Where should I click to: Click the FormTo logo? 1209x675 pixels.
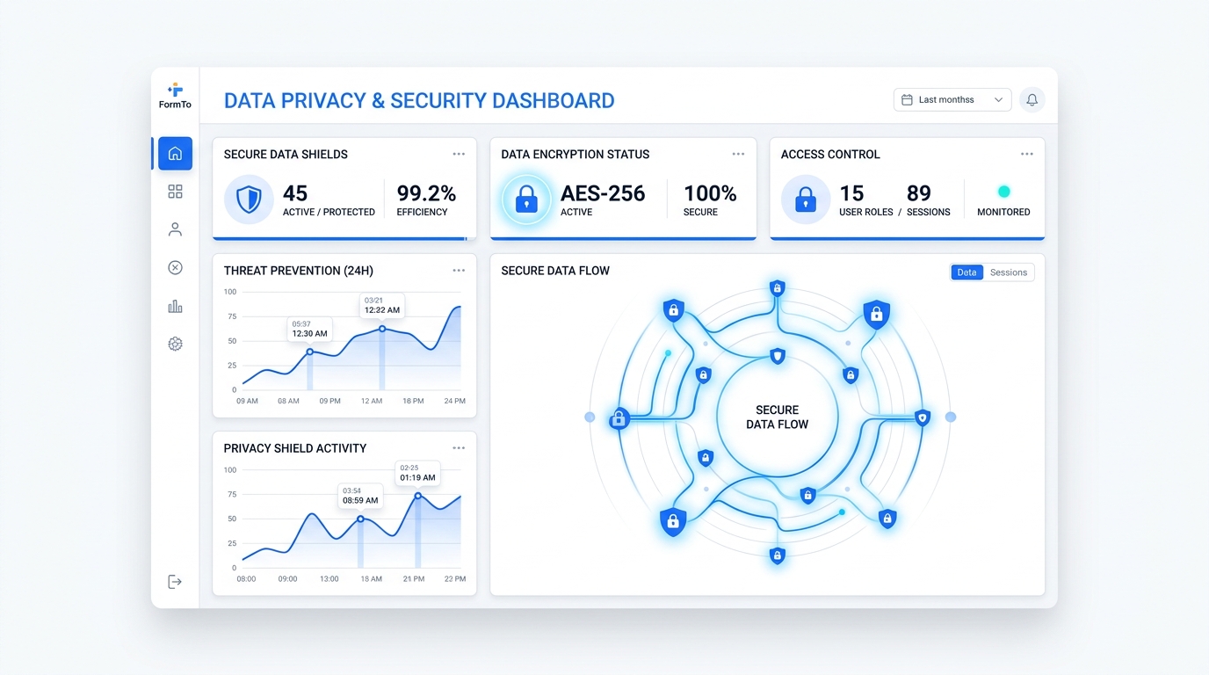pos(175,96)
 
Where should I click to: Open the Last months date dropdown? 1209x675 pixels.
pos(952,100)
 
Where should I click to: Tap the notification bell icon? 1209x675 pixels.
pos(1032,100)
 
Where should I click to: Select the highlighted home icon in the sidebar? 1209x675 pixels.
pos(175,154)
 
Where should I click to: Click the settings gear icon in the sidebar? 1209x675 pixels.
pos(175,344)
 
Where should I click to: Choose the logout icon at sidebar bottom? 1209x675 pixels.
pos(175,582)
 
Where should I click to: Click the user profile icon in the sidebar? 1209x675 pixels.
pos(175,229)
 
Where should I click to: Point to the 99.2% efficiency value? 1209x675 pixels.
pos(426,193)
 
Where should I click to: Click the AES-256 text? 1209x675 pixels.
pos(603,193)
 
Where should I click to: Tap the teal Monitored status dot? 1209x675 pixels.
pos(1003,192)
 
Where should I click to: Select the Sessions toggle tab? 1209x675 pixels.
pos(1009,272)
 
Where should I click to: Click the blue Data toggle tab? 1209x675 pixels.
pos(966,272)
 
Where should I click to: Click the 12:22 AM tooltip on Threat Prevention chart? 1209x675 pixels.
pos(382,305)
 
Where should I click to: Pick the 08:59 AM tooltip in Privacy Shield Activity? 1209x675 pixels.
pos(360,496)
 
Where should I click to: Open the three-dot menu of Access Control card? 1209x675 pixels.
pos(1027,154)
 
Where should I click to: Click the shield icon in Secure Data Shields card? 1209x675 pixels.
pos(249,200)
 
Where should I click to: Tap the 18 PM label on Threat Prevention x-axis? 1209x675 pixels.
pos(413,401)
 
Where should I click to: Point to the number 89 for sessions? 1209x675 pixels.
pos(918,193)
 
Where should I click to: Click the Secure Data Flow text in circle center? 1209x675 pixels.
pos(777,417)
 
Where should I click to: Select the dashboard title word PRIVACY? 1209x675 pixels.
pos(323,101)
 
